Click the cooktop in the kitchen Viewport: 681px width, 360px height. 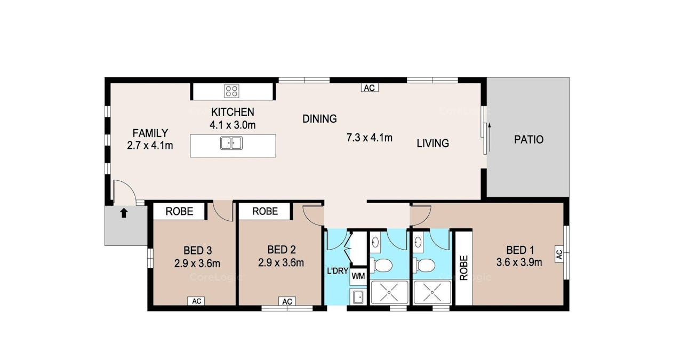[x=231, y=91]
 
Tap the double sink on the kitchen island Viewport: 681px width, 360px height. [x=231, y=143]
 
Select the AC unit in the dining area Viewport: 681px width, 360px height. [x=370, y=88]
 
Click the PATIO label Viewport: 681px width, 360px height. [x=528, y=140]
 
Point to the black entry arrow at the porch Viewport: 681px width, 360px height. [x=123, y=213]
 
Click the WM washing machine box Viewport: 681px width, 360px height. [x=358, y=276]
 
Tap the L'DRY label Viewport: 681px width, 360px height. [x=338, y=270]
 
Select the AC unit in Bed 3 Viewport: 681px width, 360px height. [x=196, y=301]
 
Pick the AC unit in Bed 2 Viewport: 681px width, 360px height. [x=287, y=301]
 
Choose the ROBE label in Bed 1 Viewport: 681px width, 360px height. [x=463, y=268]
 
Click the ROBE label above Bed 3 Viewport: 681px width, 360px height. [x=179, y=211]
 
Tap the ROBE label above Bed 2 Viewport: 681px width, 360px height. [x=265, y=211]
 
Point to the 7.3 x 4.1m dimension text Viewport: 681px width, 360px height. [x=370, y=138]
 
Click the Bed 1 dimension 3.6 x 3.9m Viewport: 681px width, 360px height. [x=519, y=262]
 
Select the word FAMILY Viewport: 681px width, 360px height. [x=150, y=133]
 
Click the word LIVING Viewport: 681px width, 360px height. [x=432, y=143]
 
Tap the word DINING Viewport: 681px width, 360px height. [x=319, y=118]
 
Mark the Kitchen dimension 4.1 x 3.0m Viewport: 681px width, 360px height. [x=233, y=125]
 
